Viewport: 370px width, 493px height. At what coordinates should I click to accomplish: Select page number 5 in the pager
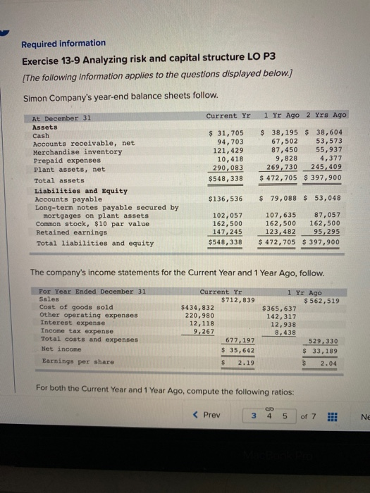286,416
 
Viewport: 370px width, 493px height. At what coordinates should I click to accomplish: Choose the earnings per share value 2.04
328,363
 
